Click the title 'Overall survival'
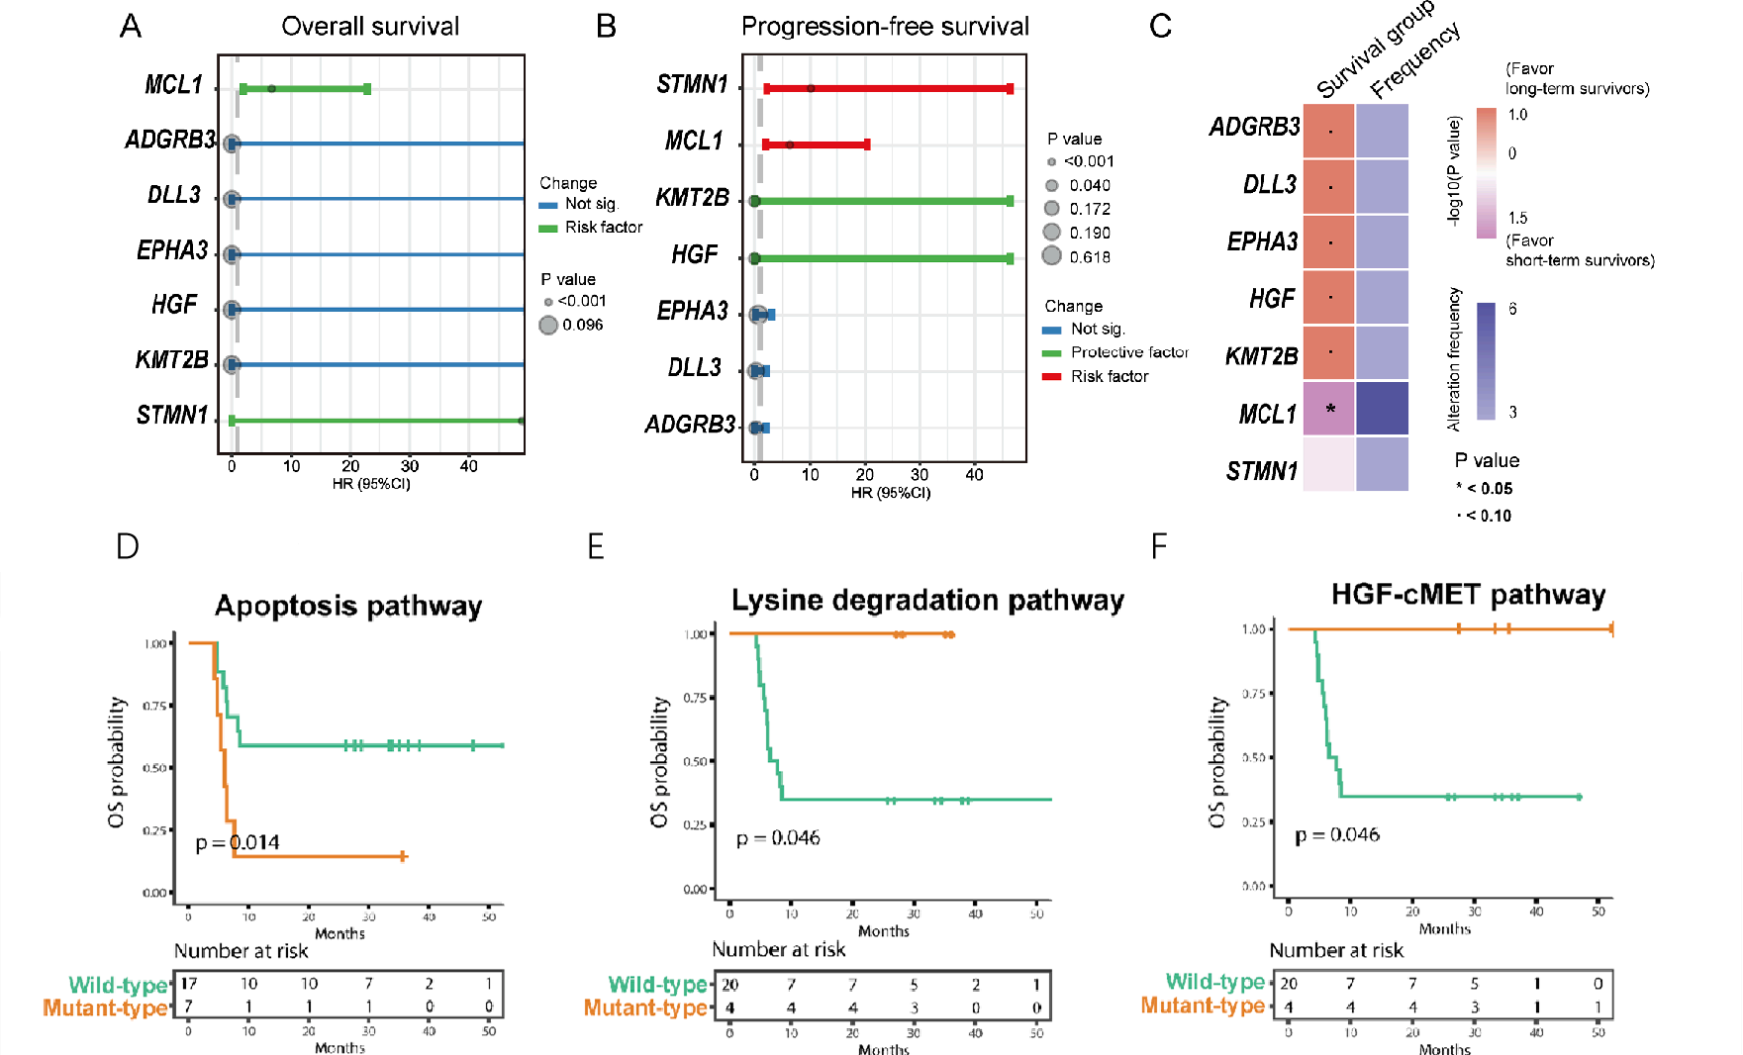[x=370, y=26]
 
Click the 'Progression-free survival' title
[x=885, y=26]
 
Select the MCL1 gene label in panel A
[x=173, y=85]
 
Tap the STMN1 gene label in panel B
[x=692, y=84]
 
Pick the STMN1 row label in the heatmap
[x=1261, y=471]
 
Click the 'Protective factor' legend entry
[x=1129, y=352]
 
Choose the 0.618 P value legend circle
[x=1052, y=256]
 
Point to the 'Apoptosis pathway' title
[x=348, y=606]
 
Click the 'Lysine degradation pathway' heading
[x=927, y=600]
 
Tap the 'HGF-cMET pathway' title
[x=1468, y=594]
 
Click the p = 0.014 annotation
[x=238, y=843]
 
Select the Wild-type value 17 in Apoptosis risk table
[x=189, y=984]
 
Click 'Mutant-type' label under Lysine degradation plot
[x=645, y=1007]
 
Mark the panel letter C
[x=1160, y=26]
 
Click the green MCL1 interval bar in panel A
[x=305, y=89]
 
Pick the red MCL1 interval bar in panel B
[x=817, y=144]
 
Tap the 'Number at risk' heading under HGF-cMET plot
[x=1336, y=950]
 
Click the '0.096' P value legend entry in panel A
[x=582, y=325]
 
